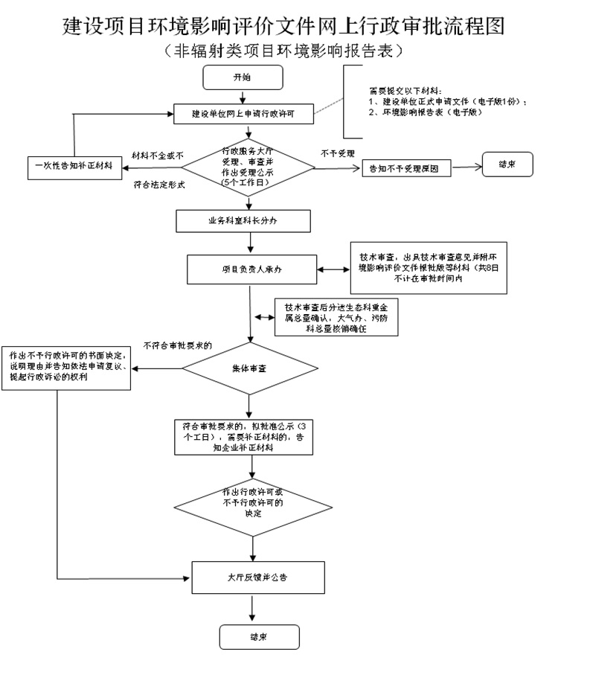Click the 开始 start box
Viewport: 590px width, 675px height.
pyautogui.click(x=243, y=77)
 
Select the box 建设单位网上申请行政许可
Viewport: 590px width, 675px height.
pyautogui.click(x=243, y=114)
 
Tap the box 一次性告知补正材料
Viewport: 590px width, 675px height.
pyautogui.click(x=73, y=165)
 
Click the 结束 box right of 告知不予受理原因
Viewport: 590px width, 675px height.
pyautogui.click(x=507, y=164)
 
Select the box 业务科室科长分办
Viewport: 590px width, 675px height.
pyautogui.click(x=243, y=220)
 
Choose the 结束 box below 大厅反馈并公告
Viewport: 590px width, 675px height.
pyautogui.click(x=259, y=637)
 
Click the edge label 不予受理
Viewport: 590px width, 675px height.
pyautogui.click(x=338, y=153)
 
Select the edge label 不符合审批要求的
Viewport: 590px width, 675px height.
pyautogui.click(x=177, y=345)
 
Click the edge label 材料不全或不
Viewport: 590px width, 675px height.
pyautogui.click(x=157, y=155)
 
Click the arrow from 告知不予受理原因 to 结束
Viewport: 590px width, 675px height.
pyautogui.click(x=466, y=167)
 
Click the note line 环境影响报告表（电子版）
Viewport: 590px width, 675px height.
pyautogui.click(x=430, y=112)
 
